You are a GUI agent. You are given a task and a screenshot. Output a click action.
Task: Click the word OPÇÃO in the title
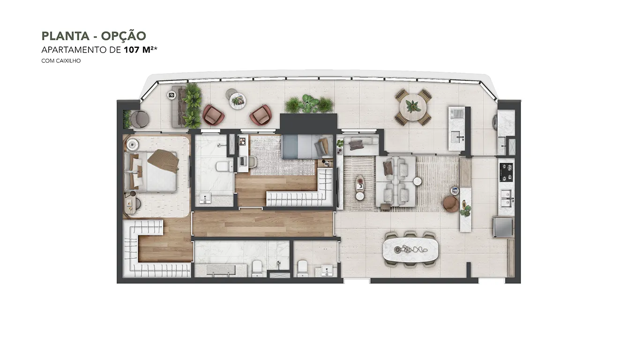[123, 36]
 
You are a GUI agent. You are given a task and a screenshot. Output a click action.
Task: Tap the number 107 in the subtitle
[132, 50]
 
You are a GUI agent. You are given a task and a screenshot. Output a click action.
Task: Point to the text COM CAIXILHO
[61, 61]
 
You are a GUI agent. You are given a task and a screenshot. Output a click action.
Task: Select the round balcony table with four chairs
[413, 107]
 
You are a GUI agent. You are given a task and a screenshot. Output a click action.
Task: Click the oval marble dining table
[410, 250]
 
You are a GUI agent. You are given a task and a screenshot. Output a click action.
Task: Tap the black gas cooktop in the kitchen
[506, 172]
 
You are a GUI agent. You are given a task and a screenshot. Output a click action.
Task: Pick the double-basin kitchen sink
[506, 198]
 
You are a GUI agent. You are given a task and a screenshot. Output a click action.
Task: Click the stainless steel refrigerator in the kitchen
[503, 227]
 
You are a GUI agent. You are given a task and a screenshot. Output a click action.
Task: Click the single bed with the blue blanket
[307, 147]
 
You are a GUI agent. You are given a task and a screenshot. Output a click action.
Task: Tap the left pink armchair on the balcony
[213, 115]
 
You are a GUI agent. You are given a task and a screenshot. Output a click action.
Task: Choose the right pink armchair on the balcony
[260, 115]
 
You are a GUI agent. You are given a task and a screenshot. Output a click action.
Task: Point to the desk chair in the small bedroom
[253, 162]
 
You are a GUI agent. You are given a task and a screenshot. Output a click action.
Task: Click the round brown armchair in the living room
[451, 204]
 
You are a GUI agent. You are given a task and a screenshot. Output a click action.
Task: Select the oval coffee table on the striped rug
[360, 182]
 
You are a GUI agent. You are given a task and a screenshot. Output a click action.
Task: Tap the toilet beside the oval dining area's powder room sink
[302, 268]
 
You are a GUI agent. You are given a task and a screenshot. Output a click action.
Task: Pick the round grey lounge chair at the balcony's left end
[140, 119]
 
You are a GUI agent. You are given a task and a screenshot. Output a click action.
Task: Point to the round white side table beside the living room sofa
[417, 181]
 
